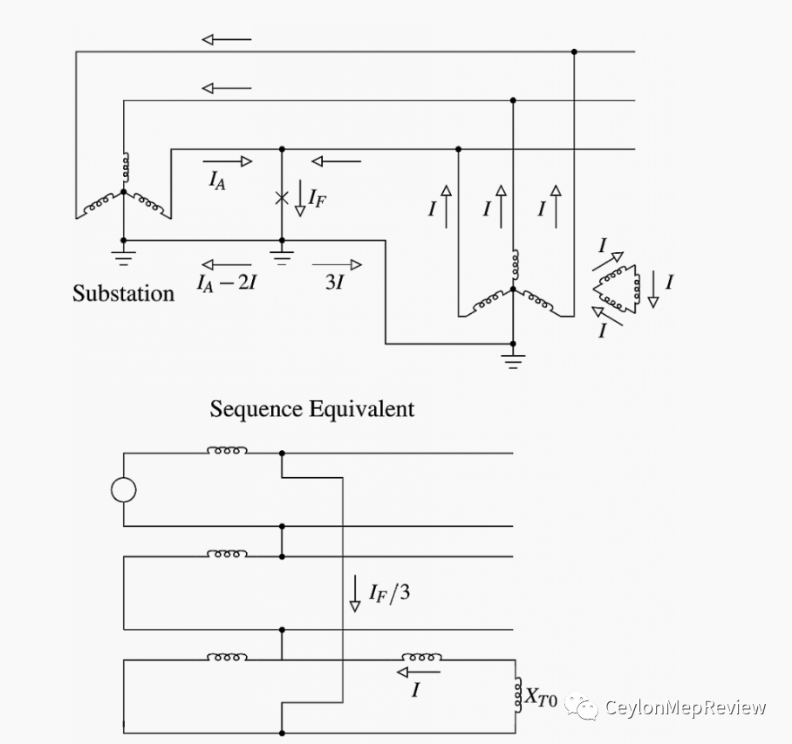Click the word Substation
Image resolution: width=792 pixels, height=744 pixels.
(x=123, y=293)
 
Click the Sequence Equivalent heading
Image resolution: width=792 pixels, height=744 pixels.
(x=311, y=408)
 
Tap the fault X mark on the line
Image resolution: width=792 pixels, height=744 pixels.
(x=281, y=198)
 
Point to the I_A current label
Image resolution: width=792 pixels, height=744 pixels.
(x=217, y=180)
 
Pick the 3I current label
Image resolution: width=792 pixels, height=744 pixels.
(x=334, y=283)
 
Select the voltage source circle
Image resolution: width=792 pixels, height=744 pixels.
(x=124, y=489)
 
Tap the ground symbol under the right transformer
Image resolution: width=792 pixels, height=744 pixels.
(x=513, y=360)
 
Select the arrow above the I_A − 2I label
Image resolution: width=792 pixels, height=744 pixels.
(x=226, y=264)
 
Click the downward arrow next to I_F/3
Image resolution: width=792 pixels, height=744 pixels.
(x=355, y=593)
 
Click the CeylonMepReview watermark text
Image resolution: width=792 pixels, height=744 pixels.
(x=685, y=706)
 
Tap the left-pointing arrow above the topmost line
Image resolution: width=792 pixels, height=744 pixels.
(x=226, y=39)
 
